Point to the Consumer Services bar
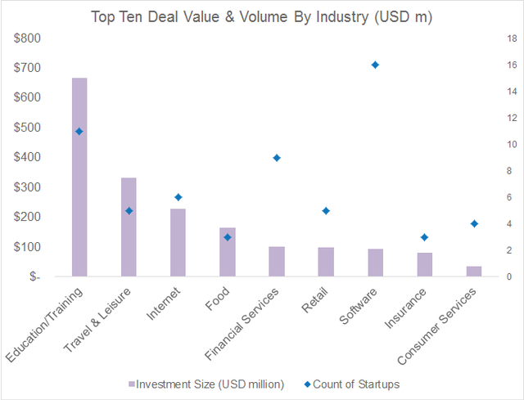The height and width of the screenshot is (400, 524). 473,272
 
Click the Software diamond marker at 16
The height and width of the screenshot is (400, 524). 375,65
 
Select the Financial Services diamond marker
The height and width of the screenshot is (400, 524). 277,158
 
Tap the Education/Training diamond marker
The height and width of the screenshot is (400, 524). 79,131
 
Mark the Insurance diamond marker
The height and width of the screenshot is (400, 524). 424,237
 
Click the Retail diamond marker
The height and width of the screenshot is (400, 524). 326,210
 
